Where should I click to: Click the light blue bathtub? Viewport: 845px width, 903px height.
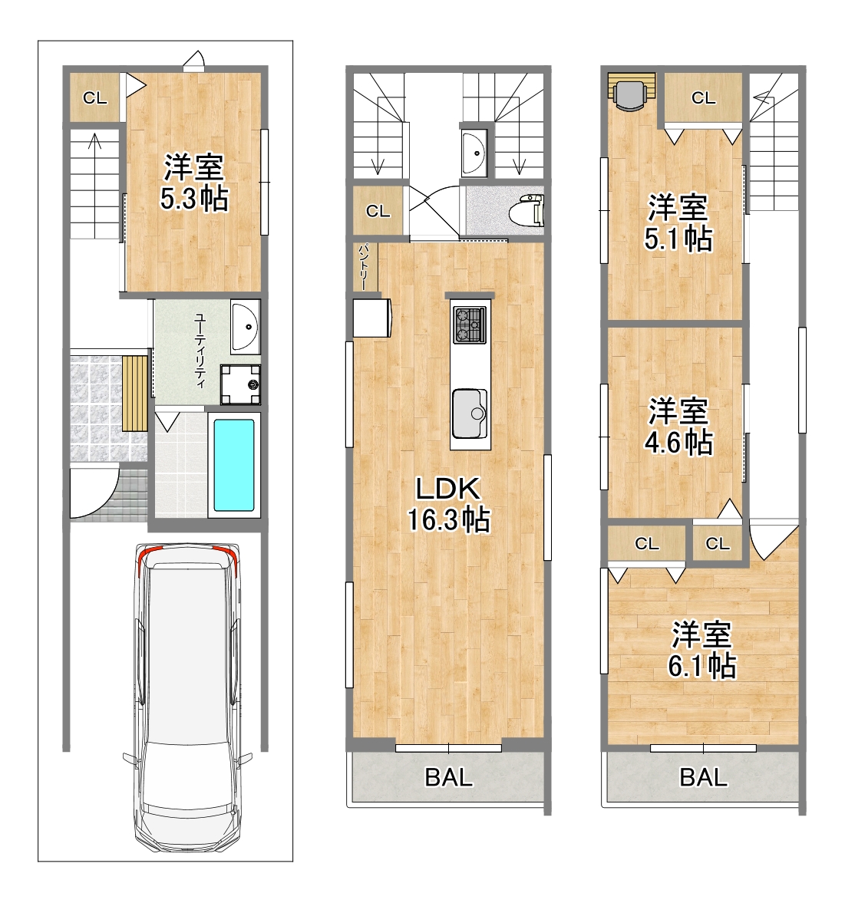[234, 465]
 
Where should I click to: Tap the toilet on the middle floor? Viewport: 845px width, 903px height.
[526, 209]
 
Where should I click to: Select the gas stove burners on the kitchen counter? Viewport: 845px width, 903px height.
[470, 325]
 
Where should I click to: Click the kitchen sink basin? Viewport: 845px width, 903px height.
[470, 414]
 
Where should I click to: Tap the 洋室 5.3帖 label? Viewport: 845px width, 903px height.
[194, 183]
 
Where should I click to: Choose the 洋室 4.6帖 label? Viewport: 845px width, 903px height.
[678, 426]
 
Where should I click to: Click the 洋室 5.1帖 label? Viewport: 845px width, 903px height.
[678, 222]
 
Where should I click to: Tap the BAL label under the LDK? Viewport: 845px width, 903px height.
[449, 777]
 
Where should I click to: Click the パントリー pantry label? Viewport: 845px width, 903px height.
[364, 267]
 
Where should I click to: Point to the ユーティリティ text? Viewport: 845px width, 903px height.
[200, 351]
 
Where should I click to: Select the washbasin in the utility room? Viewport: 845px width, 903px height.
[246, 326]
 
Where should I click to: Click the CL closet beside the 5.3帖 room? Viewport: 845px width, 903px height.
[95, 98]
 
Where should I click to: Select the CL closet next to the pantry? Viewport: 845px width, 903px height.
[378, 211]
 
